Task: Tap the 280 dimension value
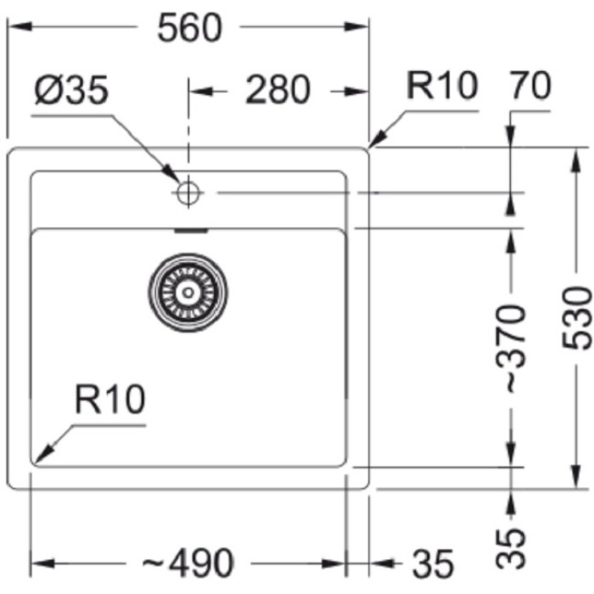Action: pyautogui.click(x=277, y=90)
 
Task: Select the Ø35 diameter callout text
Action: pyautogui.click(x=72, y=90)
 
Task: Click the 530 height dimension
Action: pyautogui.click(x=577, y=318)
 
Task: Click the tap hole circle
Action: pyautogui.click(x=188, y=193)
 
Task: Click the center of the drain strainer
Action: pyautogui.click(x=188, y=292)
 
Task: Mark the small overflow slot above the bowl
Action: pyautogui.click(x=190, y=229)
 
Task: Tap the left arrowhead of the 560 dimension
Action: pyautogui.click(x=15, y=28)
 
